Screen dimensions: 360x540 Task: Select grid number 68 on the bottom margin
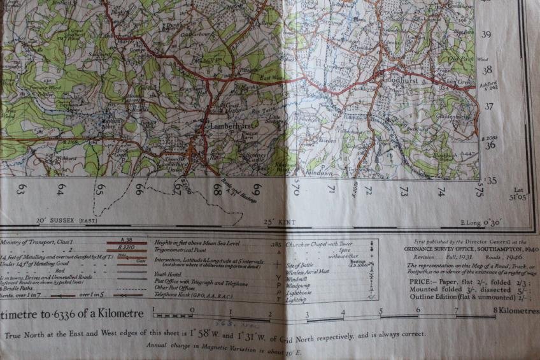click(217, 189)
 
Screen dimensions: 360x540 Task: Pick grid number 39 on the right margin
click(487, 36)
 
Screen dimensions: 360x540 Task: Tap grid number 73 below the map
click(404, 190)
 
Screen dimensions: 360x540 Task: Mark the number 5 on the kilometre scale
click(381, 312)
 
